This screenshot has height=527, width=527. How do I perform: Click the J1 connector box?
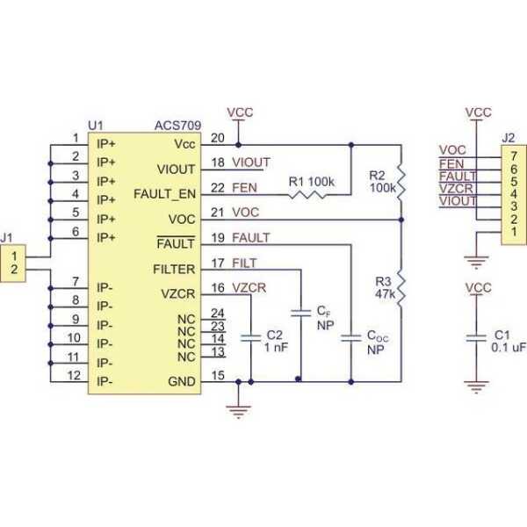coord(16,263)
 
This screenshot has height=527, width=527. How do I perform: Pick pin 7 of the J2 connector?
coord(509,155)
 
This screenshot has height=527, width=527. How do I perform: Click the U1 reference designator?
coord(96,126)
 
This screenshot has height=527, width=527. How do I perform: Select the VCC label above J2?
coord(479,112)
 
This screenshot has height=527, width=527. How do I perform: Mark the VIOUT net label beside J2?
coord(456,201)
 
